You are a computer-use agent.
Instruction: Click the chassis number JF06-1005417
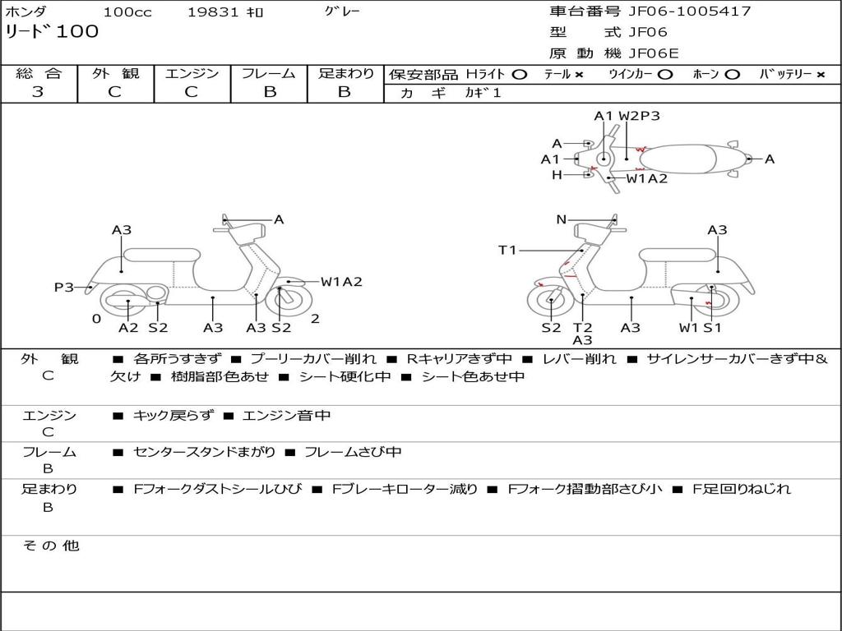689,12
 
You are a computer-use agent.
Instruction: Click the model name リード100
52,32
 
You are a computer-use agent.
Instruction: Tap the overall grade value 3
38,92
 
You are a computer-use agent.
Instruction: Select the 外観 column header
115,73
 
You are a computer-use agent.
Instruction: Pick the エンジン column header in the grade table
192,73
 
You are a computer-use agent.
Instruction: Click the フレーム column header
269,73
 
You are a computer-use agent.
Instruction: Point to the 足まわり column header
345,73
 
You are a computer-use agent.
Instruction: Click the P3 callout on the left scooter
64,288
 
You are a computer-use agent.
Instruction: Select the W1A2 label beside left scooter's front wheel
341,282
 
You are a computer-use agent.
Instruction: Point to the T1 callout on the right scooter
507,250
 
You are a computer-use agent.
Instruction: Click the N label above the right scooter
562,219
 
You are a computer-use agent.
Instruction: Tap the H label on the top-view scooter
557,175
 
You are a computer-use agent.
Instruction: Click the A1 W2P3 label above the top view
627,116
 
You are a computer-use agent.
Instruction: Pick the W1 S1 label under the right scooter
700,328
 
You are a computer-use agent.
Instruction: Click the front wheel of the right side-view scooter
550,303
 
